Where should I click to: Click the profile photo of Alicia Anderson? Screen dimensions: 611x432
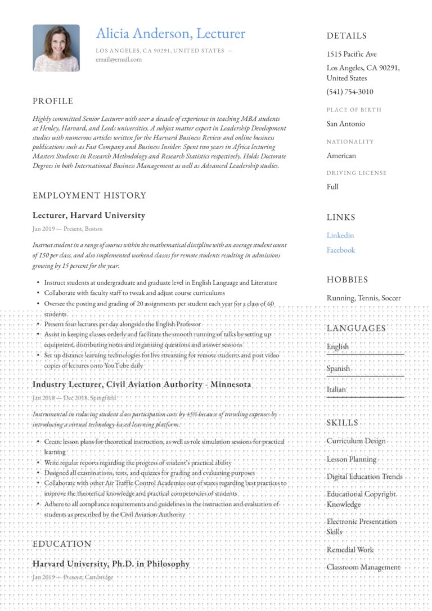pyautogui.click(x=56, y=48)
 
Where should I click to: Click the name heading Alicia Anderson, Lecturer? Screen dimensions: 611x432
pyautogui.click(x=170, y=34)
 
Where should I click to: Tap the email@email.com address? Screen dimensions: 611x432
pyautogui.click(x=119, y=59)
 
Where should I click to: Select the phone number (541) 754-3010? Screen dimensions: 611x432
pyautogui.click(x=350, y=92)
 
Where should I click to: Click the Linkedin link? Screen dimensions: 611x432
pyautogui.click(x=340, y=235)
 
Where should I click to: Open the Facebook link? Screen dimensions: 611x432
pyautogui.click(x=341, y=250)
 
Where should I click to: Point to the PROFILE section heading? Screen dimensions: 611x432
pyautogui.click(x=53, y=101)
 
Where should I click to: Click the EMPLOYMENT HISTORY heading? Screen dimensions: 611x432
pyautogui.click(x=89, y=195)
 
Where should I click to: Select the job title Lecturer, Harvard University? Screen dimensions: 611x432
pyautogui.click(x=89, y=215)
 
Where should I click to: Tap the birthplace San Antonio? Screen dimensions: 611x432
pyautogui.click(x=346, y=124)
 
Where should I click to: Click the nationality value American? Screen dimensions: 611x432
pyautogui.click(x=341, y=155)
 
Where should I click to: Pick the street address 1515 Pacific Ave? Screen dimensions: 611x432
pyautogui.click(x=352, y=54)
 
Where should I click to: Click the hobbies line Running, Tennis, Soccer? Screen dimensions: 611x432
pyautogui.click(x=364, y=298)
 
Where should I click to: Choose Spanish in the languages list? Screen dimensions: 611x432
pyautogui.click(x=339, y=369)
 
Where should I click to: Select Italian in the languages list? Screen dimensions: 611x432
pyautogui.click(x=336, y=389)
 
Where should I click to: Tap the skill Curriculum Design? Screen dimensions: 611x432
pyautogui.click(x=356, y=441)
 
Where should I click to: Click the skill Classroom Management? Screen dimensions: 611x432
pyautogui.click(x=363, y=567)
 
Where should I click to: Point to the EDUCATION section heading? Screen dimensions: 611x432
pyautogui.click(x=62, y=544)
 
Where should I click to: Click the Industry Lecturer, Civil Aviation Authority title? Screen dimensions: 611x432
pyautogui.click(x=142, y=384)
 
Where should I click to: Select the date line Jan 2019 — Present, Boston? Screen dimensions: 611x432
pyautogui.click(x=67, y=229)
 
